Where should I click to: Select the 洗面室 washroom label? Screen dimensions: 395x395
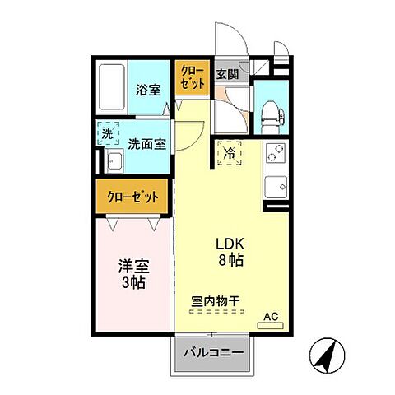click(147, 142)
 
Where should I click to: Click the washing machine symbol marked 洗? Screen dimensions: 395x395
click(107, 133)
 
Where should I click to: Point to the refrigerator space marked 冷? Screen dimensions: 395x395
click(230, 153)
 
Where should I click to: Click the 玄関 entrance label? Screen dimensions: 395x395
click(227, 73)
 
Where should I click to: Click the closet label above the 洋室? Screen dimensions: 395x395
click(132, 198)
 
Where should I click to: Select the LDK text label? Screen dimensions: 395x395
click(230, 244)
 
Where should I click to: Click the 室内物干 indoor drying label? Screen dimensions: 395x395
click(216, 303)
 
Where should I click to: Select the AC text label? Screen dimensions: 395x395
click(270, 315)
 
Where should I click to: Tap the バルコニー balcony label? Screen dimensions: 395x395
click(211, 354)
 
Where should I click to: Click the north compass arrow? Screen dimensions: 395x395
click(329, 356)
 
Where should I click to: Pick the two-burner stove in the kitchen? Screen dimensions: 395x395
click(273, 154)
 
